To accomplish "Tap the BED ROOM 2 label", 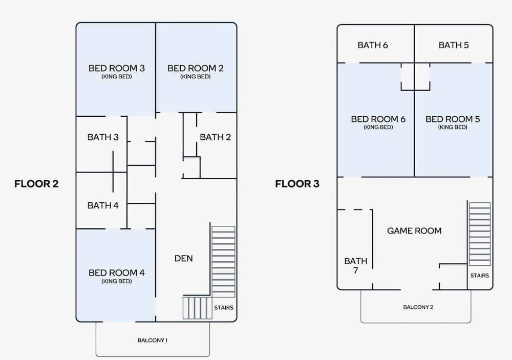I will click(x=195, y=68).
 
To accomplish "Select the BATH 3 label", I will click(x=103, y=137).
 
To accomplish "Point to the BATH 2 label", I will click(x=215, y=137).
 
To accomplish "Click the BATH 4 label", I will click(x=103, y=205).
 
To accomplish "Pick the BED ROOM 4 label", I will click(x=116, y=273).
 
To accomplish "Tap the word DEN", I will click(x=183, y=259).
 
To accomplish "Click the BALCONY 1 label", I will click(x=153, y=340).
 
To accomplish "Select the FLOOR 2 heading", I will click(x=36, y=184).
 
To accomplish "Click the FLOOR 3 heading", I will click(x=297, y=184).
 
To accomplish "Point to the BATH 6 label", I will click(x=373, y=45).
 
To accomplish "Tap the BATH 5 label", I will click(x=454, y=45).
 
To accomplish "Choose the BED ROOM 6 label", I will click(x=378, y=119).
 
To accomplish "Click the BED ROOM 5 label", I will click(x=453, y=119).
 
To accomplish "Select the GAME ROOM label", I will click(x=414, y=231).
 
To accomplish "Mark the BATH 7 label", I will click(x=356, y=265).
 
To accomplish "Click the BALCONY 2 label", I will click(x=418, y=307).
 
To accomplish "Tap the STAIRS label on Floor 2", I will click(x=223, y=308).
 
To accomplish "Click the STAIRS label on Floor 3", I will click(x=479, y=276).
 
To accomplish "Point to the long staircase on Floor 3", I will click(x=480, y=234).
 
